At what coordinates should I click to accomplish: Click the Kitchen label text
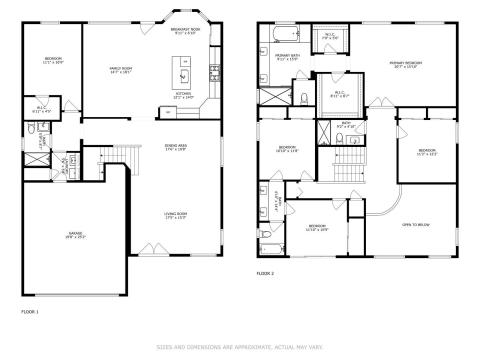coord(183,96)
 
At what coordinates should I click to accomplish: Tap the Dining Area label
coord(177,149)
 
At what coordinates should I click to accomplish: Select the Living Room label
coord(177,217)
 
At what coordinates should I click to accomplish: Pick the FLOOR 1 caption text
coord(30,312)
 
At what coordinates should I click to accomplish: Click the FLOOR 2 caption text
coord(265,273)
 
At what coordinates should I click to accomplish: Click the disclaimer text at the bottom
coord(240,348)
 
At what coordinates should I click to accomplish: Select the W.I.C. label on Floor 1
coord(42,110)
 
